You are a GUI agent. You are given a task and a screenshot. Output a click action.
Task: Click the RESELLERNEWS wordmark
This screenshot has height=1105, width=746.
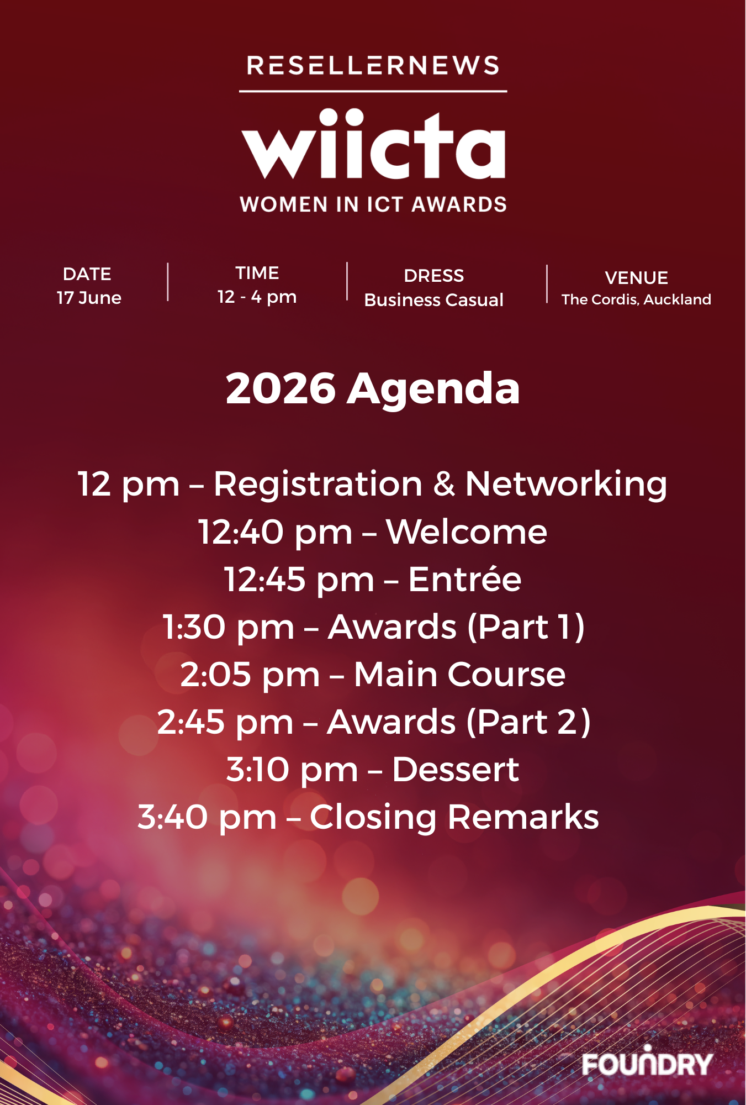[x=373, y=66]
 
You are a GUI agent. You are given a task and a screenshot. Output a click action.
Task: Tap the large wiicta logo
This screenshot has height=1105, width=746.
[x=373, y=144]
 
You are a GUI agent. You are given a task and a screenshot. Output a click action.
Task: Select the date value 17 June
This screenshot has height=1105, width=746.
[x=89, y=298]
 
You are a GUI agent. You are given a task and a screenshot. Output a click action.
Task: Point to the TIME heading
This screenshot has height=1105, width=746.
[x=257, y=273]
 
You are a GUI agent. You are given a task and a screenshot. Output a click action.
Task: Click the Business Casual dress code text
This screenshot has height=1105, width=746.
[x=434, y=300]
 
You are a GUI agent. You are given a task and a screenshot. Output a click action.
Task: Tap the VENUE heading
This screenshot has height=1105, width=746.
[x=637, y=277]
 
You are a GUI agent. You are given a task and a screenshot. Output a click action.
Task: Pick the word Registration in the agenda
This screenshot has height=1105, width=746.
[x=318, y=485]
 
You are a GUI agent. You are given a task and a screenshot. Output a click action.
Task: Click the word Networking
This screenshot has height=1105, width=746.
[x=567, y=485]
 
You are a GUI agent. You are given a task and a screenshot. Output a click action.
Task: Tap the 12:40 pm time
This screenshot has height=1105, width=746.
[x=275, y=533]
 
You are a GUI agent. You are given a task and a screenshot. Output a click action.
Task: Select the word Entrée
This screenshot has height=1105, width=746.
[x=465, y=579]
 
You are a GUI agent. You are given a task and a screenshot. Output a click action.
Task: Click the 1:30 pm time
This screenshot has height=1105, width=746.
[x=229, y=628]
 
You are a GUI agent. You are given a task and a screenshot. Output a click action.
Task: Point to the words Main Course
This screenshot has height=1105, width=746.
[x=460, y=675]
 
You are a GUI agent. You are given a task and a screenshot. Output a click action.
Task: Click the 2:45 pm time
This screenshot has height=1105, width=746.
[x=225, y=723]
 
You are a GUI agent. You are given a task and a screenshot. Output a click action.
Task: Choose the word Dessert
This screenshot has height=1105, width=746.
[x=456, y=770]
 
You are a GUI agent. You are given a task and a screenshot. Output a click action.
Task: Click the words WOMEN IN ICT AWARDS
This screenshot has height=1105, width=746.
[x=373, y=204]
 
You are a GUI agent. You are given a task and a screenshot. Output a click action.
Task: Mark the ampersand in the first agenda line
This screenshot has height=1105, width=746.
[x=444, y=485]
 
